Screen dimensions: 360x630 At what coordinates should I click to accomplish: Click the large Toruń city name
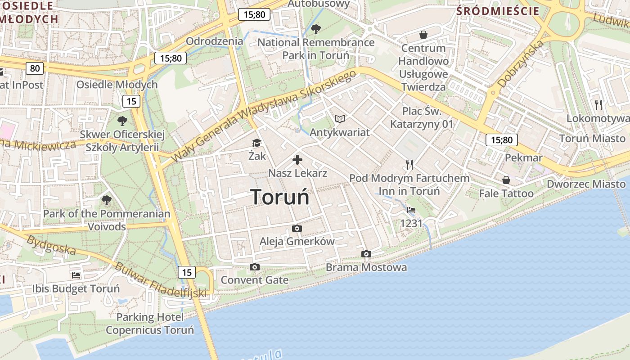(x=279, y=197)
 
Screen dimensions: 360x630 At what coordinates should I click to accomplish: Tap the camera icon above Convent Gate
(x=255, y=267)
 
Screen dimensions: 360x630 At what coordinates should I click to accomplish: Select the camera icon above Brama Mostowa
(x=366, y=254)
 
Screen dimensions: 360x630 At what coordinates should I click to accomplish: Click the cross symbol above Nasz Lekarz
(x=297, y=160)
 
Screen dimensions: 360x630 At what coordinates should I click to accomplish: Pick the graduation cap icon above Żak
(x=256, y=143)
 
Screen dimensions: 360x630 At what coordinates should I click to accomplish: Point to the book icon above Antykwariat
(x=340, y=119)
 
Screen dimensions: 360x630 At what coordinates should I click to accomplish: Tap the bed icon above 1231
(x=411, y=210)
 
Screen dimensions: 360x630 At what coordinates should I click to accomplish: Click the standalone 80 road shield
(x=35, y=68)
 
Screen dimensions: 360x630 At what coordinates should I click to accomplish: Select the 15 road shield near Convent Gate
(x=187, y=272)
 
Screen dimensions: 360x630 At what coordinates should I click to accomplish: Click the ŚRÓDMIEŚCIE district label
(x=498, y=11)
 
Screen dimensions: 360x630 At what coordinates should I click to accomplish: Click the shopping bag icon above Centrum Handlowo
(x=423, y=35)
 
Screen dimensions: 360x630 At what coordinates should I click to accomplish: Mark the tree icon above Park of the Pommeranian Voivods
(x=107, y=200)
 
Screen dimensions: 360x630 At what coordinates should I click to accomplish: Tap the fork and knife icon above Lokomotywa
(x=598, y=105)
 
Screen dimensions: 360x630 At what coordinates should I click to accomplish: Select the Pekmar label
(x=524, y=157)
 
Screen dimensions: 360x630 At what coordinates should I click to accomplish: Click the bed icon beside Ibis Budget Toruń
(x=76, y=275)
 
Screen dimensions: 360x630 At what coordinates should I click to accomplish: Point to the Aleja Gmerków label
(x=297, y=241)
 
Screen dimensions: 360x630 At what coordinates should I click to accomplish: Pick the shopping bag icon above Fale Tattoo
(x=506, y=180)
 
